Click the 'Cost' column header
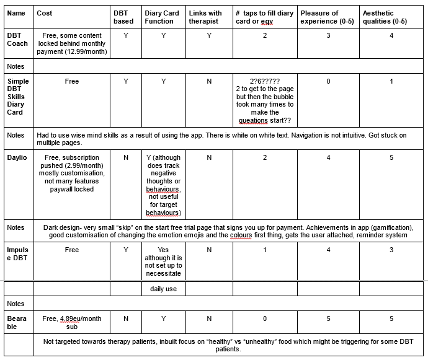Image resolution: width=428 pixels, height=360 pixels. (45, 12)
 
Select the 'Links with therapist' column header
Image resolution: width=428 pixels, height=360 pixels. (205, 17)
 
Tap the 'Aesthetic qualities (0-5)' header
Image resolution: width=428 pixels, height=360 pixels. (385, 17)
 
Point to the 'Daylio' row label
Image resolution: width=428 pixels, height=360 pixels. (17, 157)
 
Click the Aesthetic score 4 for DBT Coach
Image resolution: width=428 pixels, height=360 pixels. (391, 35)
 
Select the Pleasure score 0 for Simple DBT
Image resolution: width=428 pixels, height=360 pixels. (328, 81)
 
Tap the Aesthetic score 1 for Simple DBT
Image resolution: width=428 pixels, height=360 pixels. (391, 81)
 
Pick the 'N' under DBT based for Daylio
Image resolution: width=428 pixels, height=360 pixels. (126, 157)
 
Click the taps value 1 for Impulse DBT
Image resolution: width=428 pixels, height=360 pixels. (265, 250)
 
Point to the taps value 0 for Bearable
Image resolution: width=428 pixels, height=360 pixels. (265, 318)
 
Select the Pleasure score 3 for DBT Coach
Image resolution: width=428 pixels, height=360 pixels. (328, 35)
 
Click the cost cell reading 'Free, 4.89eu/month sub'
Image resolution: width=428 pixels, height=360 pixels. (72, 323)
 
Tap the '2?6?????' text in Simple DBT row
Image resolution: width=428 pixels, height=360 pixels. (265, 81)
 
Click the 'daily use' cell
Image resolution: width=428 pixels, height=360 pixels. (163, 289)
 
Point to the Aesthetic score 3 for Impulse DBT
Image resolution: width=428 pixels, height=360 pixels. (391, 250)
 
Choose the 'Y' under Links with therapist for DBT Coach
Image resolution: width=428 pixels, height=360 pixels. (209, 35)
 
